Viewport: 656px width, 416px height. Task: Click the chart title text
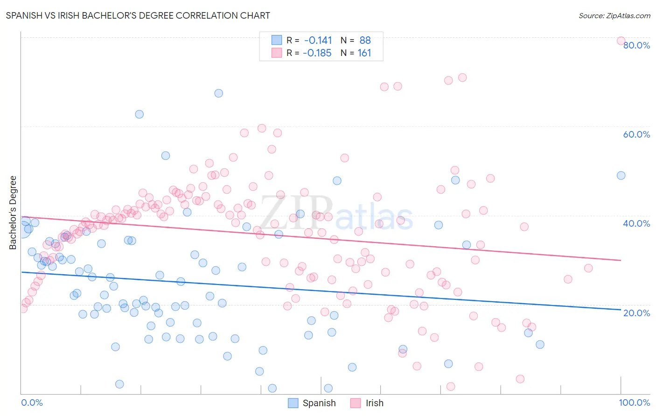point(138,15)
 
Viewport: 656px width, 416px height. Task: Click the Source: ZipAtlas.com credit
point(614,15)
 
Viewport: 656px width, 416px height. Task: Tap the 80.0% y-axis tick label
point(636,45)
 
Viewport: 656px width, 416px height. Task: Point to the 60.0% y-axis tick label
point(636,134)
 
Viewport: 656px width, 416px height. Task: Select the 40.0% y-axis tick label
point(636,223)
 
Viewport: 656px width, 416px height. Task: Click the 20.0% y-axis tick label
point(636,313)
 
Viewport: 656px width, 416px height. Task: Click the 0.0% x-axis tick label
point(32,402)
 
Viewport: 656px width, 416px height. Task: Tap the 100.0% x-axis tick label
point(634,402)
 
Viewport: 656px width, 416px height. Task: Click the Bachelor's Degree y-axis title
point(13,212)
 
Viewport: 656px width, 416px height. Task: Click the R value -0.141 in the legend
point(318,41)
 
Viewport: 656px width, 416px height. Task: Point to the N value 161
point(364,53)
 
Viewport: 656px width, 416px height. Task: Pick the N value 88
point(365,41)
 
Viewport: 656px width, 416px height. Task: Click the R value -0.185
point(317,53)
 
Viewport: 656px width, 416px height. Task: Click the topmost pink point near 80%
point(621,41)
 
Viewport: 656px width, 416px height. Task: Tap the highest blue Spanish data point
point(218,93)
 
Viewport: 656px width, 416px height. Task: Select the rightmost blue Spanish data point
point(621,175)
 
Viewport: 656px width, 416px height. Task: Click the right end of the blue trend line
point(621,310)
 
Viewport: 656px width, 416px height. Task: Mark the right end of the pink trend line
point(621,260)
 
